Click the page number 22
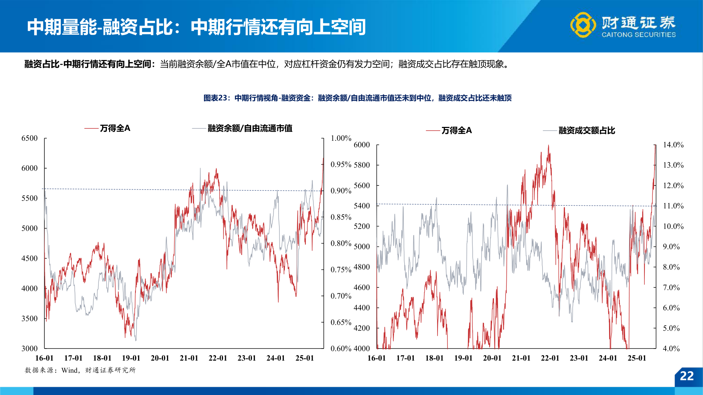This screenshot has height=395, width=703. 687,376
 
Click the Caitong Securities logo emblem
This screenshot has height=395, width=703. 583,25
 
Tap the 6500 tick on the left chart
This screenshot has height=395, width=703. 29,138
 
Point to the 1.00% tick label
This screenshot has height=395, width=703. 341,138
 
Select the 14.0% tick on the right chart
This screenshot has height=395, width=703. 673,145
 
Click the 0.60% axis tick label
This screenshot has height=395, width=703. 341,349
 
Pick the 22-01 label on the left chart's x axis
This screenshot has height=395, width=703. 218,358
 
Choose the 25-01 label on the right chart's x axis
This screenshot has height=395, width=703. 637,358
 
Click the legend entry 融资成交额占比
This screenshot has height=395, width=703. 587,131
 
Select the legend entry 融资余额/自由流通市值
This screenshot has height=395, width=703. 250,128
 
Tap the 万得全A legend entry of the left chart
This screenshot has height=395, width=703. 115,128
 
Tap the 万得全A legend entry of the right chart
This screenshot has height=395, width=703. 456,131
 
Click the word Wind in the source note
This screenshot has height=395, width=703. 70,370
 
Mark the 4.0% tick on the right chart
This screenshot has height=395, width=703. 671,349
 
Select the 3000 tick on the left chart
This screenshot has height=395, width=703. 29,349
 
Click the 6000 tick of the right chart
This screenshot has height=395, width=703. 362,145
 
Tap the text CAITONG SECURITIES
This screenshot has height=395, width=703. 639,35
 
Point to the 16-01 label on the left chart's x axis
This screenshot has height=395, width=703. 44,358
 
